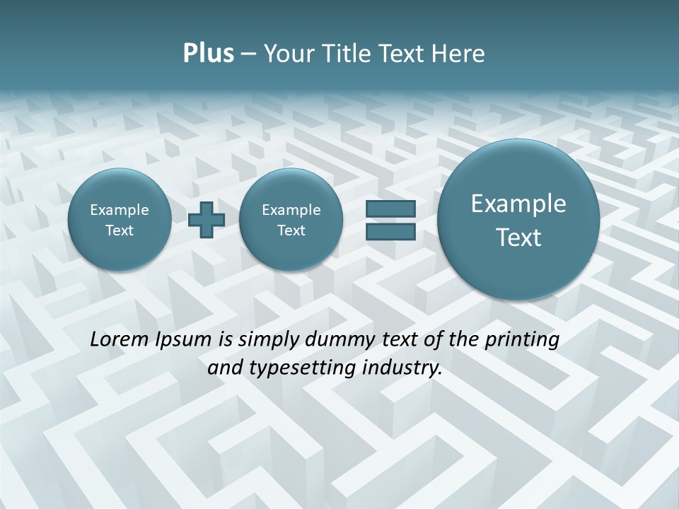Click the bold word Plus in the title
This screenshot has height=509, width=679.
click(208, 54)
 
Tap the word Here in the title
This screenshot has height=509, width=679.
click(459, 54)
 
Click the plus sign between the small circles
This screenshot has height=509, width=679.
click(207, 220)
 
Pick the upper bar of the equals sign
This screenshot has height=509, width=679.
click(390, 209)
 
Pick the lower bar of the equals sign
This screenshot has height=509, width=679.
click(390, 231)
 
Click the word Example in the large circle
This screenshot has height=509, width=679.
click(518, 204)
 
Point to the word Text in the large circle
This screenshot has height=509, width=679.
click(518, 238)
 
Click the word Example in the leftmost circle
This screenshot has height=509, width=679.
click(119, 210)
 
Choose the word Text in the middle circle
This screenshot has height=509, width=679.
click(291, 230)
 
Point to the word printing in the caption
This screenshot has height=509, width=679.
click(523, 340)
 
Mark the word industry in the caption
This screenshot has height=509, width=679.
click(402, 368)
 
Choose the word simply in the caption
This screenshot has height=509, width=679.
click(267, 340)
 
